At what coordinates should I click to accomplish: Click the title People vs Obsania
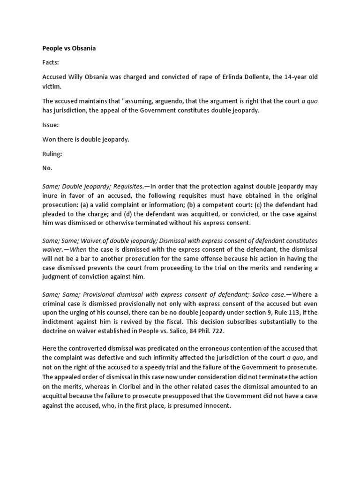69,48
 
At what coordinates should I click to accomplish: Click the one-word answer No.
47,167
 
